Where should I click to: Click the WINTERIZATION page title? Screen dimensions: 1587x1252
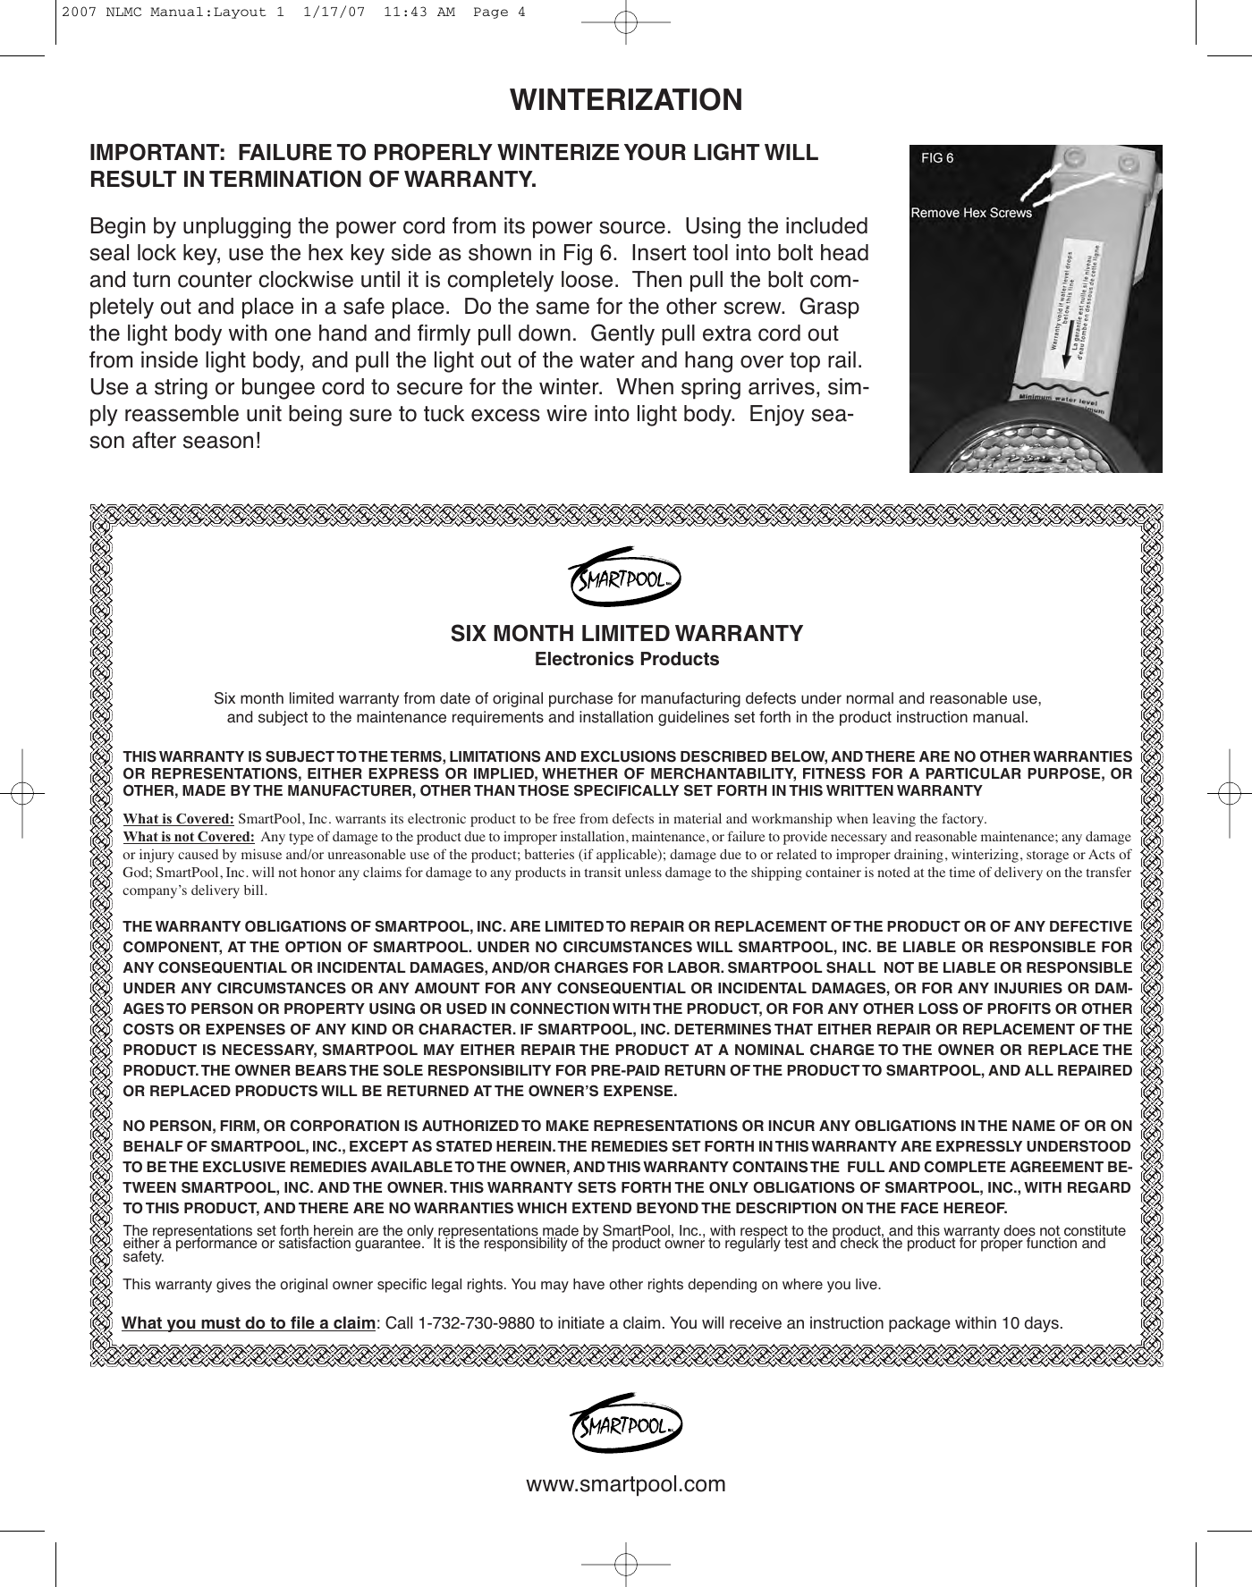pos(626,99)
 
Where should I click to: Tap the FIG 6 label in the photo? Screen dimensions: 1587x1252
pos(937,158)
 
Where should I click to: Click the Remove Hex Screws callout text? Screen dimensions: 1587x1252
pos(970,213)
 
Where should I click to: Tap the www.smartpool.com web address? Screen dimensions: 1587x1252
pos(626,1485)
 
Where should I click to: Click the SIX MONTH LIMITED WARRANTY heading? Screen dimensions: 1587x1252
pos(626,634)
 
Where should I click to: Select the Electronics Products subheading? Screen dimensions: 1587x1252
pos(626,660)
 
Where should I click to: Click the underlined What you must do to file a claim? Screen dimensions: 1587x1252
pos(248,1322)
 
